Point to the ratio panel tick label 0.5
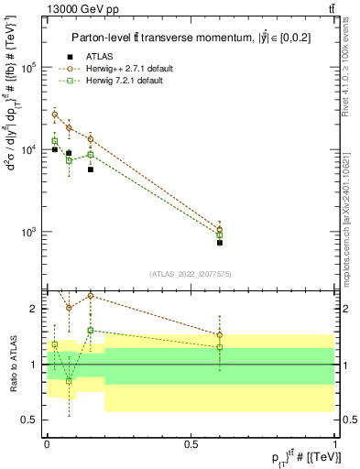(30, 420)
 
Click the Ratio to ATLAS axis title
(12, 365)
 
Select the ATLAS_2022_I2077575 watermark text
(191, 274)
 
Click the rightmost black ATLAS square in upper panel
(220, 243)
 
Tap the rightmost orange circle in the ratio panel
(220, 334)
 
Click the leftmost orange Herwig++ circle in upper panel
(55, 115)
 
